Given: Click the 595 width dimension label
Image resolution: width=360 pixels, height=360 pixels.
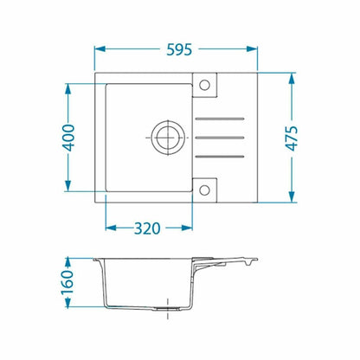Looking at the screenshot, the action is (179, 49).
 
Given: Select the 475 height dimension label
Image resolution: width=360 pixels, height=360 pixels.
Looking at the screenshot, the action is (292, 138).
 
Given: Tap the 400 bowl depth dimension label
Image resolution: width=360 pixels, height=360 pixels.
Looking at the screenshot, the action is (68, 138).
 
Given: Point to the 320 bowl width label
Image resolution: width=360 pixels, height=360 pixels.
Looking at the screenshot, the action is (147, 228).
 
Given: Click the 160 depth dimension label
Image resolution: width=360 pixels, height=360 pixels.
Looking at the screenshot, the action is (67, 282).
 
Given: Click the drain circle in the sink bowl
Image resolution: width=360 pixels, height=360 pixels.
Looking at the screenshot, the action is (168, 138).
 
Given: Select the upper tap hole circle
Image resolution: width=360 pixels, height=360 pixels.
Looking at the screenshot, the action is (204, 85).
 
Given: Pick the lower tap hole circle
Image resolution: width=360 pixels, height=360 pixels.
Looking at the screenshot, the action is (204, 190).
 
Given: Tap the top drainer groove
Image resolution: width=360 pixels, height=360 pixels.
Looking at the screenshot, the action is (220, 119).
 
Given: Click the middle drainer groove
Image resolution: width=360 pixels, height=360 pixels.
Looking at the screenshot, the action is (220, 138).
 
